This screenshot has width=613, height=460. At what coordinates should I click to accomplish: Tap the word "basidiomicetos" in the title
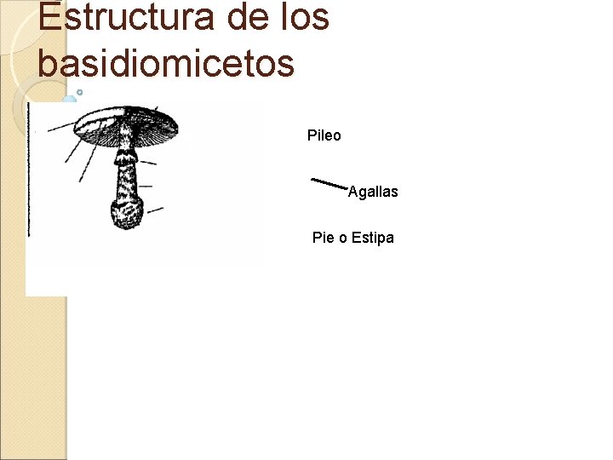(x=166, y=63)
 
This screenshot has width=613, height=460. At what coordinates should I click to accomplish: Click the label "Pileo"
(x=324, y=135)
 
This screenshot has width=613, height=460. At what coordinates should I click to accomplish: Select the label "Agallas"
(x=373, y=193)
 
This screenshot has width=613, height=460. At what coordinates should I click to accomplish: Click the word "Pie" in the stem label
(x=324, y=238)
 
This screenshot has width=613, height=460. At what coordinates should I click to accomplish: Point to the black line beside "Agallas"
(x=329, y=183)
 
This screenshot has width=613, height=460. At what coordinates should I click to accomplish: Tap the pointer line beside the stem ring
(x=148, y=162)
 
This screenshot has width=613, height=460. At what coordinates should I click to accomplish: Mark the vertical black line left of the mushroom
(x=29, y=170)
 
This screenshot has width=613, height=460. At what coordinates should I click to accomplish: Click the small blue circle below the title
(x=79, y=92)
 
